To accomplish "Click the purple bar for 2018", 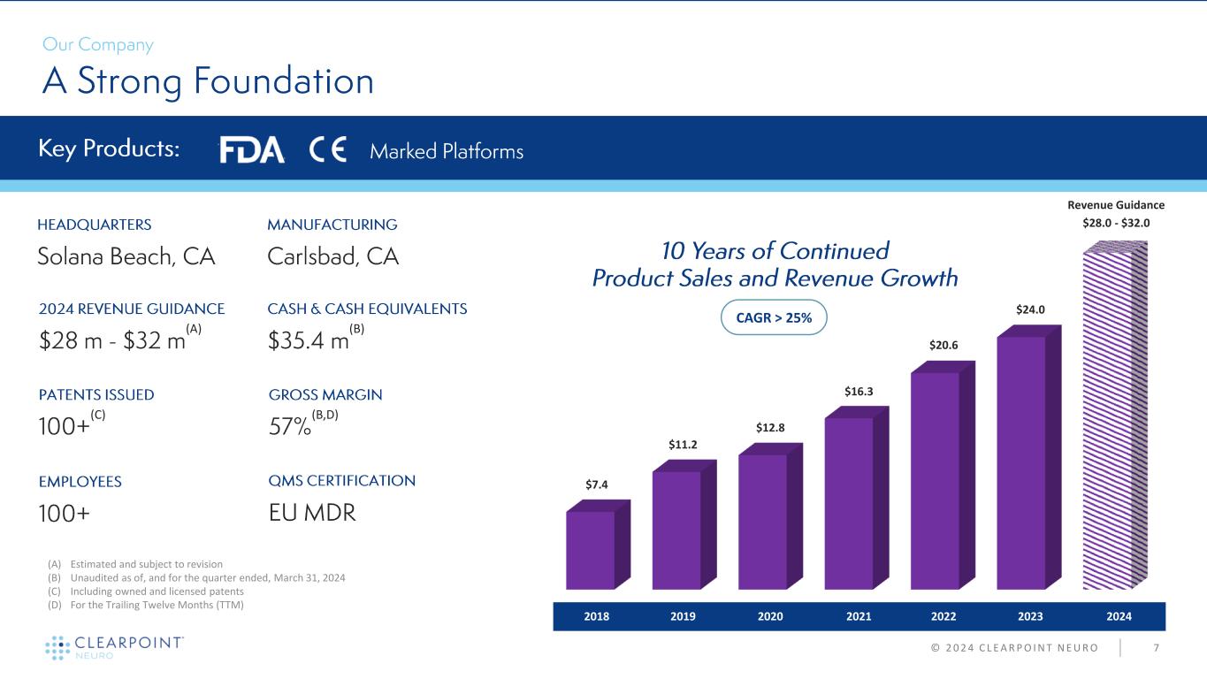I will click(591, 549).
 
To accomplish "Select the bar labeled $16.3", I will click(849, 501).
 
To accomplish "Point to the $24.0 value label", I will click(1029, 309).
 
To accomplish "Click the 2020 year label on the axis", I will click(770, 615).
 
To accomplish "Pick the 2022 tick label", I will click(943, 615).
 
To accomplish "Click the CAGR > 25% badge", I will click(773, 317).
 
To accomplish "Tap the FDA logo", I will click(252, 150).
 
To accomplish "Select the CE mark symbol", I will click(329, 150).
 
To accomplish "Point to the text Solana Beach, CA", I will click(126, 256).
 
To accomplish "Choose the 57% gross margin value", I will click(289, 428).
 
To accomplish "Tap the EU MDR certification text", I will click(311, 513).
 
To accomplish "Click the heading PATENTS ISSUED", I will click(96, 394).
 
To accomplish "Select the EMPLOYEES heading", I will click(80, 482).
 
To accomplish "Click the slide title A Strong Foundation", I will click(208, 82).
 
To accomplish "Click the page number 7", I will click(1157, 648).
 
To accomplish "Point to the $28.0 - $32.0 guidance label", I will click(1116, 222).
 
